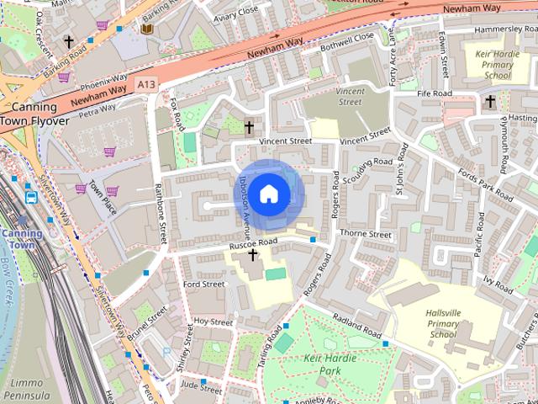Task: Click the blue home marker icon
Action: pos(268,194)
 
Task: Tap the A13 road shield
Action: pos(147,84)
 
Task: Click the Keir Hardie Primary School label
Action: pos(492,63)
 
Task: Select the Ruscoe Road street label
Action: pos(253,243)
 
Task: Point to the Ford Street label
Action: pos(203,284)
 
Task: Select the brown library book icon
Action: pos(147,29)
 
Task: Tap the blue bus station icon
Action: pos(31,197)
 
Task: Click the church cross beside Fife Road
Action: pos(490,102)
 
